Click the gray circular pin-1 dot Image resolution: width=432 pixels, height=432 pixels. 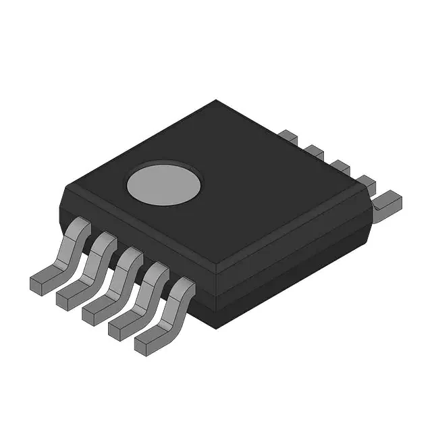tap(165, 182)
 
